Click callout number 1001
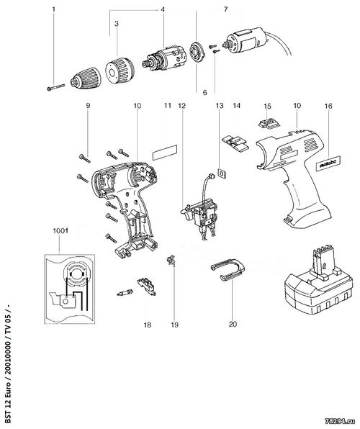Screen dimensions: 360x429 click(60, 231)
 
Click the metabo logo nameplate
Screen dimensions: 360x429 click(328, 163)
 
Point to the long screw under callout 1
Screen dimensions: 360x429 click(55, 88)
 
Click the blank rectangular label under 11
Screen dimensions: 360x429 click(165, 152)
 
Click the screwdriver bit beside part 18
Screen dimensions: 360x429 click(125, 293)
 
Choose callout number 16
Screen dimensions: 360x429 click(328, 106)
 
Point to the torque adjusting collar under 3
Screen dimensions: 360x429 click(120, 71)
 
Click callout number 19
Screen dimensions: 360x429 click(175, 325)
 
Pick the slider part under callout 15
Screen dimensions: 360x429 click(269, 123)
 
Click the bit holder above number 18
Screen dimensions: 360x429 click(146, 286)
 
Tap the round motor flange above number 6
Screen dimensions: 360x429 click(196, 51)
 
